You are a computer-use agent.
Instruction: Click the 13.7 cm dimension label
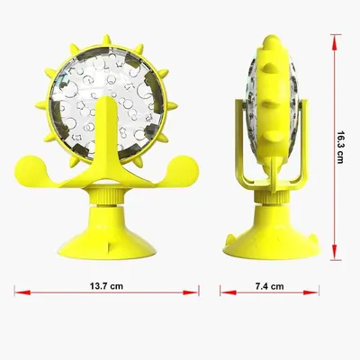point(106,286)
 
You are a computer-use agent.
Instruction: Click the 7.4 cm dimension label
point(269,286)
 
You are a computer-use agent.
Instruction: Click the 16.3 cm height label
point(340,147)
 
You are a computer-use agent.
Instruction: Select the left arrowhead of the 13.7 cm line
point(22,292)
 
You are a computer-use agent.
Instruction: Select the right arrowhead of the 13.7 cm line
point(191,292)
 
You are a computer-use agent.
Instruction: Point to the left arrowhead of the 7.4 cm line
point(228,292)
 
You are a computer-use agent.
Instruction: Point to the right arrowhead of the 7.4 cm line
point(310,292)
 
